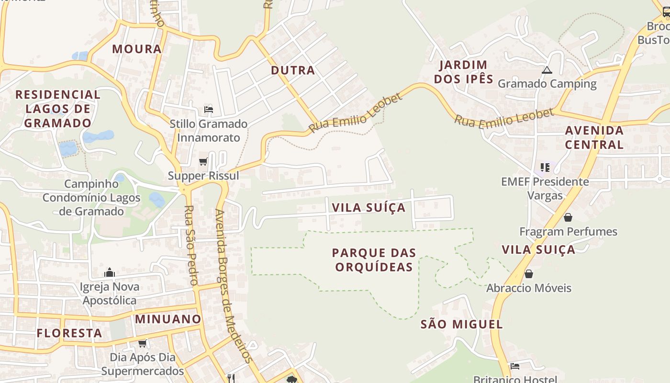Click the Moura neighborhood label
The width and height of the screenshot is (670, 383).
tap(137, 49)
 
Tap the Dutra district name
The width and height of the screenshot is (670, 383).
tap(293, 70)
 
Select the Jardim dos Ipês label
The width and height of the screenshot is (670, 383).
tap(463, 72)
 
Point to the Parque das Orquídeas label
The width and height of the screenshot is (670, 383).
tap(374, 259)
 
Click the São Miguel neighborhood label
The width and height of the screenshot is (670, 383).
tap(461, 324)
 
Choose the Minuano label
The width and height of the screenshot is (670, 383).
tap(168, 319)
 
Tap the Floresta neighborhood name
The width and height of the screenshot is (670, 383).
tap(69, 333)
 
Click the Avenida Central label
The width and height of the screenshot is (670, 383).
tap(594, 137)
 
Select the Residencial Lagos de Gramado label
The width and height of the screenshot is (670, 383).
tap(58, 109)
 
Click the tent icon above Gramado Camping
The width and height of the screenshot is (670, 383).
tap(547, 70)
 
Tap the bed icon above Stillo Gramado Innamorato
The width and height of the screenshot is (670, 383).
tap(208, 110)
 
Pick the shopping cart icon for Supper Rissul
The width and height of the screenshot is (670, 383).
tap(203, 162)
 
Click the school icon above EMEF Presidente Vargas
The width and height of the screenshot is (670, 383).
tap(545, 167)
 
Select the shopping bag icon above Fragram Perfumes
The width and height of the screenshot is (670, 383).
tap(568, 217)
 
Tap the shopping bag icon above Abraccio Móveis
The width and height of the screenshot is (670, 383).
tap(528, 274)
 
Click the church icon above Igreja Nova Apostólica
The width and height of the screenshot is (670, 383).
tap(110, 272)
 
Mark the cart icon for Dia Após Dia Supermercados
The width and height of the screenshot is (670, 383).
tap(142, 343)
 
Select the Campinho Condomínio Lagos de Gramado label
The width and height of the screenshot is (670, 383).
tap(91, 197)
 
